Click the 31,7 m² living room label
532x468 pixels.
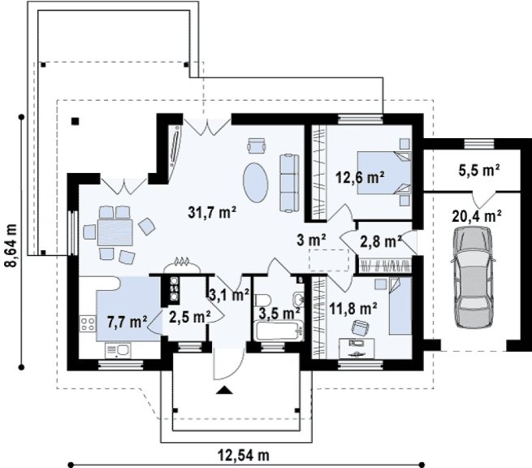[212, 212]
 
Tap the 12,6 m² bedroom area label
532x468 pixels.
[360, 177]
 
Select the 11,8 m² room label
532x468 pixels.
[353, 309]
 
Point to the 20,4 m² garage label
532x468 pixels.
[477, 215]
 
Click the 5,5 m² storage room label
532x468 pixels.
[479, 171]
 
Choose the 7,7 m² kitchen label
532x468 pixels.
[127, 322]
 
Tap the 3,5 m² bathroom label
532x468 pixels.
[279, 313]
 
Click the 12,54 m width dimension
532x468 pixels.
[244, 455]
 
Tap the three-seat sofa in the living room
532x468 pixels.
[289, 183]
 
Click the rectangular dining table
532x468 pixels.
[115, 232]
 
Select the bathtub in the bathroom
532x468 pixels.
[279, 331]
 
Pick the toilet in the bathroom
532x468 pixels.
[262, 300]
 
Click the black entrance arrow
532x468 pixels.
[224, 390]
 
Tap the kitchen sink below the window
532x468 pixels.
[118, 350]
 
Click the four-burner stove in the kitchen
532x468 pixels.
[88, 323]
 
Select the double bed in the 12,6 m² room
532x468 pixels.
[384, 172]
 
